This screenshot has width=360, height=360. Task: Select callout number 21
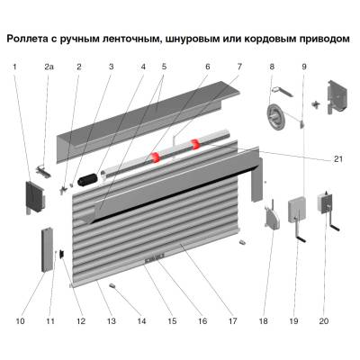[338, 159]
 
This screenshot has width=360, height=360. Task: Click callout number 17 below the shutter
[231, 320]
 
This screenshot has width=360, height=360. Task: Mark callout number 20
[324, 320]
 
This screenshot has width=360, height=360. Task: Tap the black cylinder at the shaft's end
[88, 180]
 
